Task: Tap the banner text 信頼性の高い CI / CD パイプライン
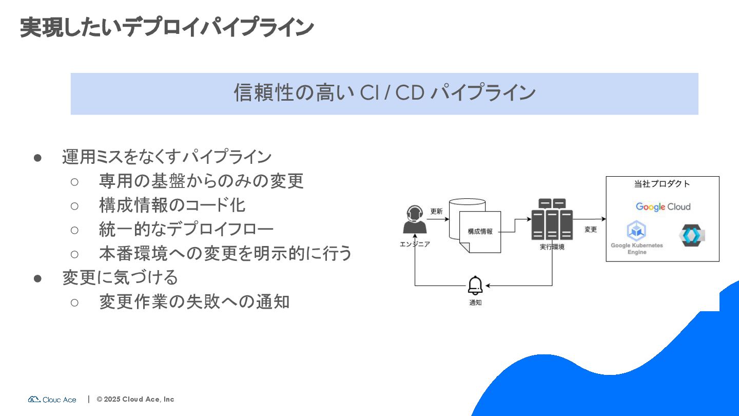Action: pyautogui.click(x=384, y=93)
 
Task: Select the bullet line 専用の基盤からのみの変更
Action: pyautogui.click(x=201, y=181)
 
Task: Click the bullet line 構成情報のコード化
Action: pyautogui.click(x=172, y=205)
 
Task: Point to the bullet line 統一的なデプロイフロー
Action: pyautogui.click(x=186, y=229)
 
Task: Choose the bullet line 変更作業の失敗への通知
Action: pyautogui.click(x=194, y=301)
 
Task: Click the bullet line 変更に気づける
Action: pyautogui.click(x=120, y=277)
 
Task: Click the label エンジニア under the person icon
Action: pyautogui.click(x=415, y=244)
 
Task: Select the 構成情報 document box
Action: pyautogui.click(x=480, y=232)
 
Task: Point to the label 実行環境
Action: pyautogui.click(x=552, y=247)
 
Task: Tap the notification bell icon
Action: pyautogui.click(x=475, y=286)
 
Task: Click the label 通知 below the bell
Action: pyautogui.click(x=475, y=303)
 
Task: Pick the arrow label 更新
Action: pyautogui.click(x=436, y=211)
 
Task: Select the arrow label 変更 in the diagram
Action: pyautogui.click(x=591, y=230)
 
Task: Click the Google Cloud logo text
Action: pyautogui.click(x=663, y=207)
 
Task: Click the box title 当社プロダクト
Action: pyautogui.click(x=662, y=184)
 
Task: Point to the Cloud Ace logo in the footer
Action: pyautogui.click(x=52, y=400)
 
